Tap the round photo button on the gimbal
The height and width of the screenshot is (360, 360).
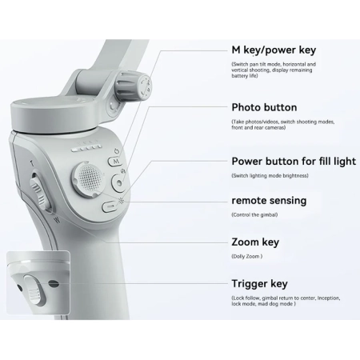(x=119, y=182)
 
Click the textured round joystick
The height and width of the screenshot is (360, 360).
(x=88, y=178)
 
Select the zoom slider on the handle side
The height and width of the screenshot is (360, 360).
(x=40, y=193)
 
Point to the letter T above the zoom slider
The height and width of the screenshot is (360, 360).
(x=32, y=164)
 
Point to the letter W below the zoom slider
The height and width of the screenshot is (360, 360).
(x=57, y=220)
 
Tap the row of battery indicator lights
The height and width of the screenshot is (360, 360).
(x=86, y=148)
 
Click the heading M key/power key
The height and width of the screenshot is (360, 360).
(x=274, y=50)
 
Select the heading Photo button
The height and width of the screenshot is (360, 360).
(x=264, y=107)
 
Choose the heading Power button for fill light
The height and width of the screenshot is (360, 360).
(x=294, y=162)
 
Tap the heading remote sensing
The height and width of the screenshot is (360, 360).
(x=269, y=201)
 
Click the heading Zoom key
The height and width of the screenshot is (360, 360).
(x=255, y=242)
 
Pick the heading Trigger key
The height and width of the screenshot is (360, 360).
(x=259, y=283)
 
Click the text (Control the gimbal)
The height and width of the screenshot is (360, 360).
(x=254, y=214)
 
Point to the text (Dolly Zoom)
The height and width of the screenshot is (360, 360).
(x=247, y=256)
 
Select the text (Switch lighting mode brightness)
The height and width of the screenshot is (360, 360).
(x=270, y=175)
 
